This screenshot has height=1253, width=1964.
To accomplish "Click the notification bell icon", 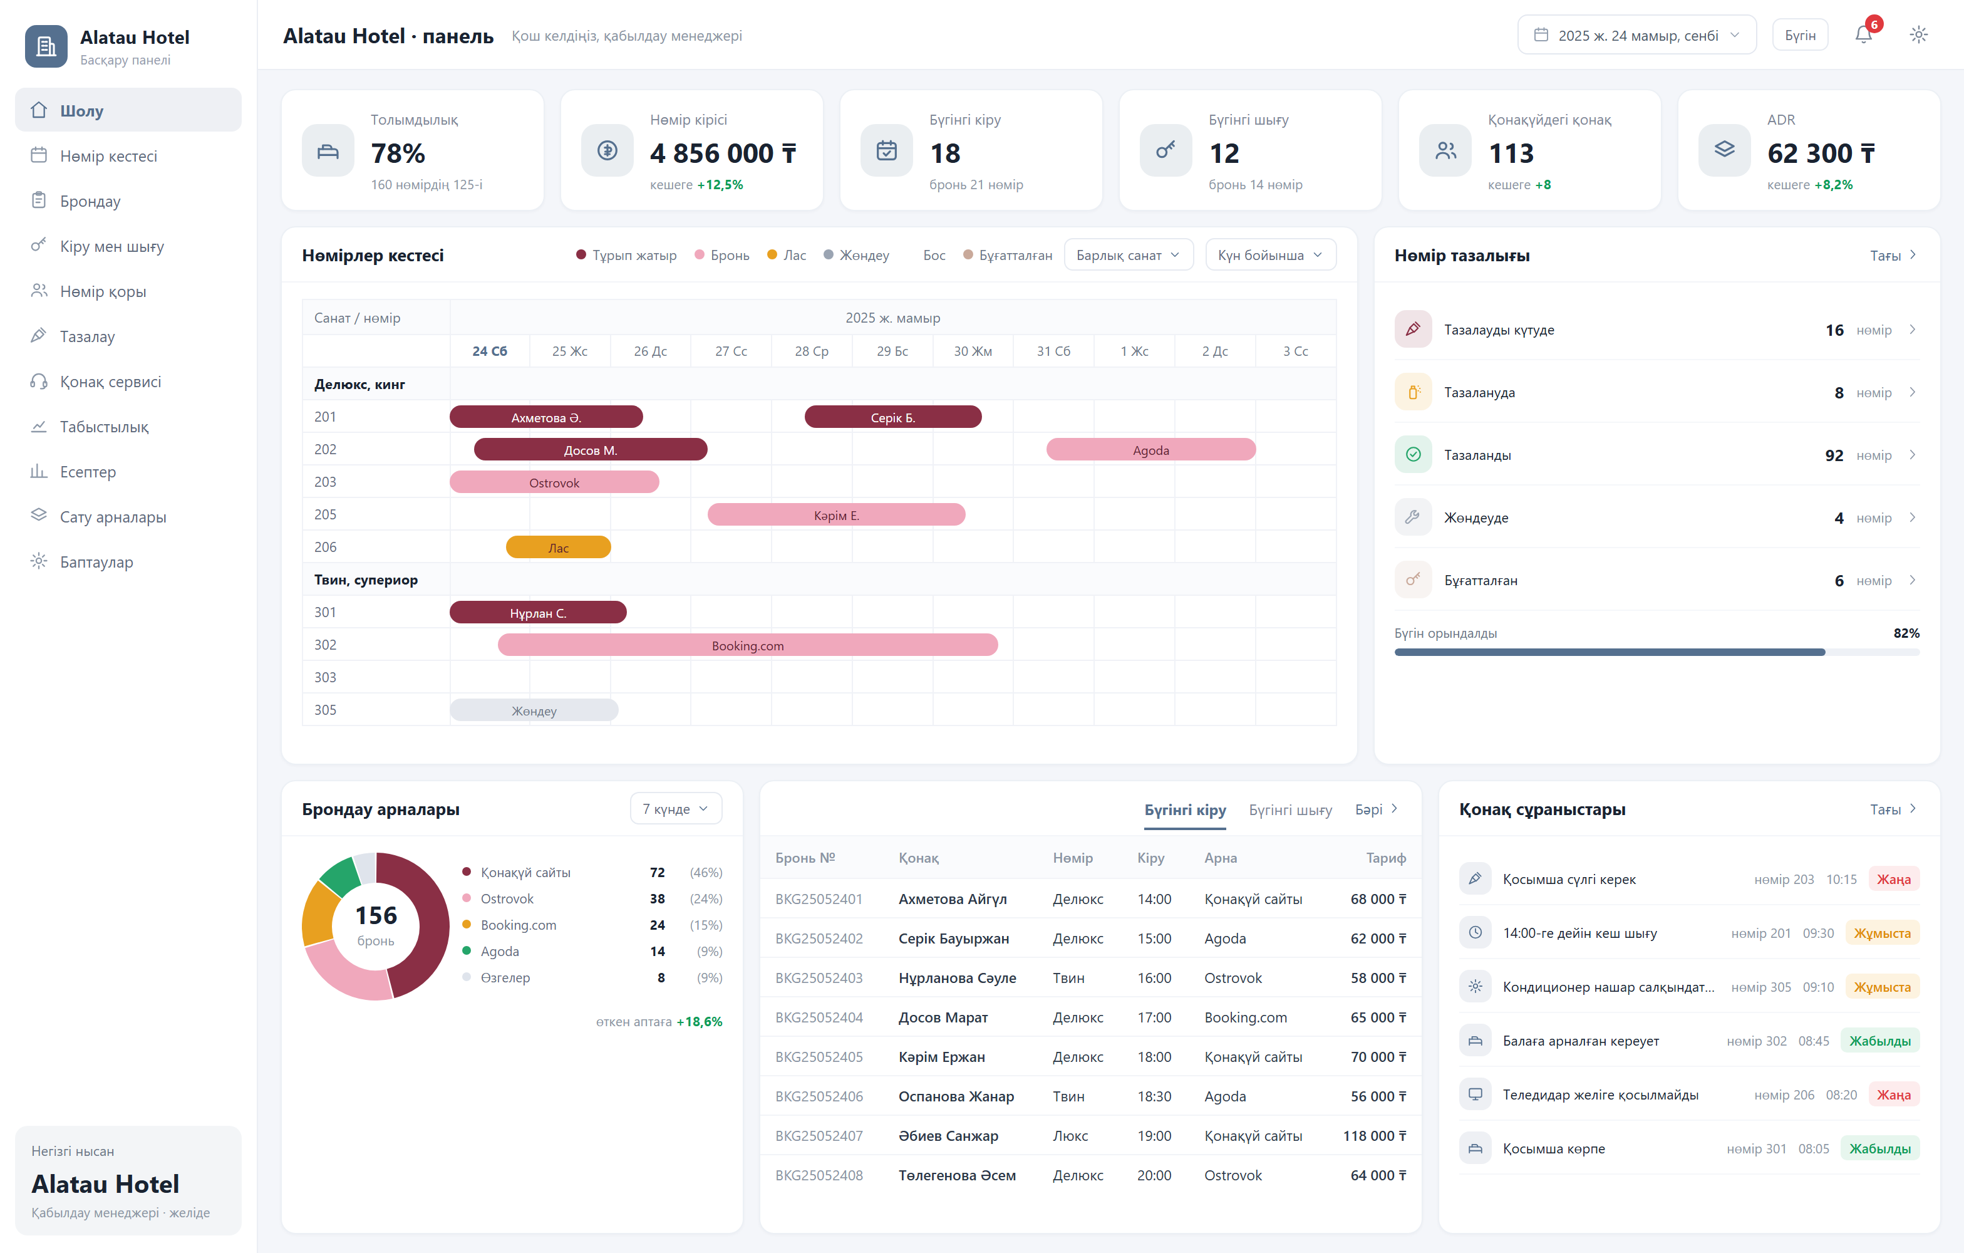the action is tap(1863, 35).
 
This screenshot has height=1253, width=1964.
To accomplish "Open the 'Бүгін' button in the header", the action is tap(1800, 35).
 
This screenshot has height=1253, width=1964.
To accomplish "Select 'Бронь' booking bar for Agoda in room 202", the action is tap(1151, 449).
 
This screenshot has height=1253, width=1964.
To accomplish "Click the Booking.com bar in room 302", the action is tap(748, 645).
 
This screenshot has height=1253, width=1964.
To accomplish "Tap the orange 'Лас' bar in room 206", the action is tap(559, 548).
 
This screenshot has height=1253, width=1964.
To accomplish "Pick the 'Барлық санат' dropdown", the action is tap(1128, 256).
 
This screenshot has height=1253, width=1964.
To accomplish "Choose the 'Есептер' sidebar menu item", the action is tap(88, 472).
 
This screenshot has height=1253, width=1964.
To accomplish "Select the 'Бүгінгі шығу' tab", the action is tap(1290, 809).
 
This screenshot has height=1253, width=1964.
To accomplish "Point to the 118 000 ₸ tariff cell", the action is tap(1374, 1135).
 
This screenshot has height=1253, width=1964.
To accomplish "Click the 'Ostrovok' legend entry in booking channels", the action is tap(507, 898).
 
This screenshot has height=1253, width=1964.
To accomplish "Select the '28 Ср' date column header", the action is tap(812, 351).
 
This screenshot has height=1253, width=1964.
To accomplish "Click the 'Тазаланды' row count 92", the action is tap(1834, 455).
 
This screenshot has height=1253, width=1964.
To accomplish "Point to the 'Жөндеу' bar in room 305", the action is tap(534, 710).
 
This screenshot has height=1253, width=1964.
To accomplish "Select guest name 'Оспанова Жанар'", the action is tap(956, 1096).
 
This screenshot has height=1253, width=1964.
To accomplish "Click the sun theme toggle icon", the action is tap(1918, 35).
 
